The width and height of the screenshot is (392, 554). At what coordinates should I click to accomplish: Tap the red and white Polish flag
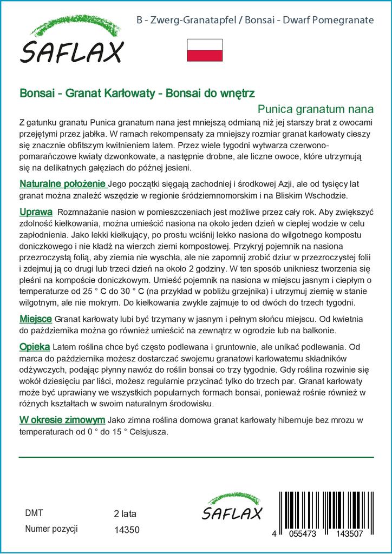[x=204, y=50]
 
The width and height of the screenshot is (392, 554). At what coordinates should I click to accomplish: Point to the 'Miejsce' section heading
[x=36, y=319]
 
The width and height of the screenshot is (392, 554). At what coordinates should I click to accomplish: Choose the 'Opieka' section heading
[x=35, y=346]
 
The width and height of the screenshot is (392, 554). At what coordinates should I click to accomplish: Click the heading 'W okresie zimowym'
[x=62, y=420]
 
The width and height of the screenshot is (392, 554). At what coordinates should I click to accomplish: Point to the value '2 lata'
[x=126, y=513]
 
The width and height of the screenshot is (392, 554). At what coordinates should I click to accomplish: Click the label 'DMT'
[x=34, y=513]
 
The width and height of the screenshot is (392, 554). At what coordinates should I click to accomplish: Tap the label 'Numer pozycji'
[x=52, y=529]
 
